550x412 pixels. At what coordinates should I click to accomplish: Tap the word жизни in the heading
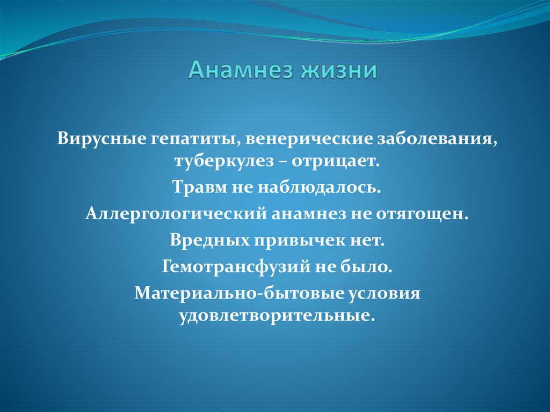342,71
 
